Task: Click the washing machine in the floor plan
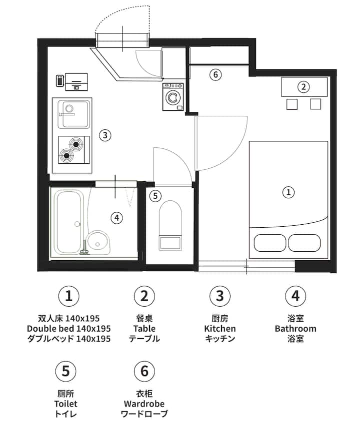click(x=173, y=97)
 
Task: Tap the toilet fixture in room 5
click(x=170, y=225)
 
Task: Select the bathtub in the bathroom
click(x=68, y=222)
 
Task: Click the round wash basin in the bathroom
click(x=97, y=241)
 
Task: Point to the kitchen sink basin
click(x=74, y=114)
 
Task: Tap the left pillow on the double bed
click(x=269, y=243)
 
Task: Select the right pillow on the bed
click(x=304, y=243)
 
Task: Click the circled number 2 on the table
click(x=303, y=87)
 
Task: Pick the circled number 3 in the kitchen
click(x=105, y=135)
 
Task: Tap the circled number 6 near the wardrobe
click(x=215, y=74)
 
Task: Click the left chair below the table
click(x=292, y=104)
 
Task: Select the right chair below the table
click(x=315, y=104)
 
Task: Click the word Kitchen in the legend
click(x=220, y=329)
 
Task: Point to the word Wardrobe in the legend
click(x=144, y=404)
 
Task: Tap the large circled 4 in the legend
click(x=295, y=296)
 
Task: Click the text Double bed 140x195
click(x=68, y=329)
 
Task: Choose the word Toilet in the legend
click(x=65, y=404)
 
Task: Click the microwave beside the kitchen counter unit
click(x=60, y=81)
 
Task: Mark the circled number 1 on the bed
click(x=288, y=192)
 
